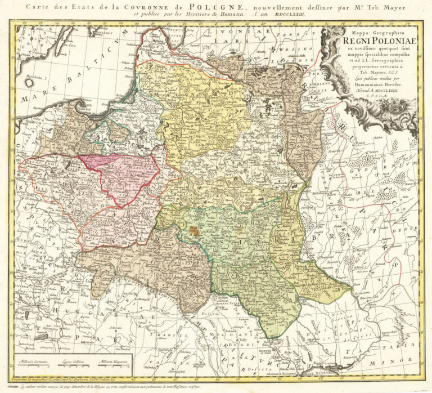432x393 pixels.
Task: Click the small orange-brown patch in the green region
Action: pos(194,230)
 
